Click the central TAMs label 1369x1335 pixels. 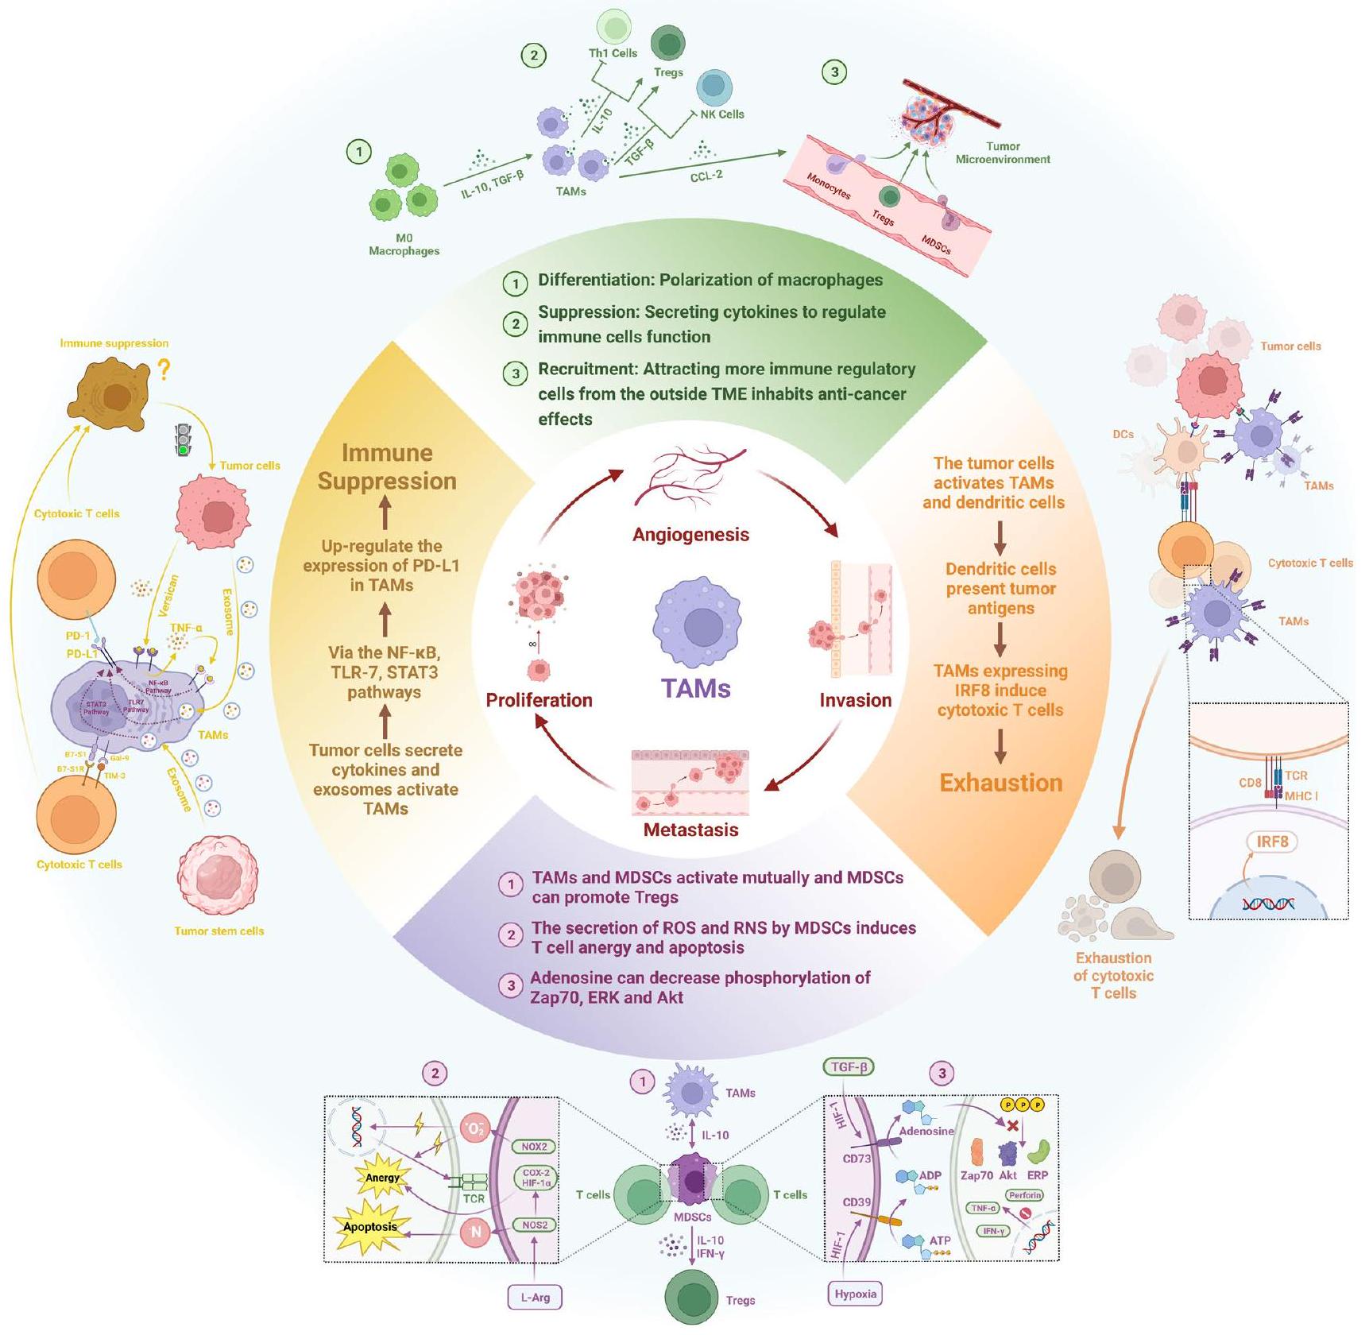[x=696, y=688]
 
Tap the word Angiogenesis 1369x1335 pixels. [x=690, y=535]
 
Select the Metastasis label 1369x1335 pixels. [x=690, y=830]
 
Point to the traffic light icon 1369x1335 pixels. [x=184, y=439]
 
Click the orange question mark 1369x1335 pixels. [x=164, y=370]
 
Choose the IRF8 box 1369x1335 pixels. [x=1272, y=841]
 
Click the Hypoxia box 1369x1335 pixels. [x=855, y=1294]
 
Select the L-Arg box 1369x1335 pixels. [x=535, y=1297]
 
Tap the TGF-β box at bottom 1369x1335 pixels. [x=849, y=1067]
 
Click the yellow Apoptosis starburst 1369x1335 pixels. [x=369, y=1226]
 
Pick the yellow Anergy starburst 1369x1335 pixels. [x=382, y=1178]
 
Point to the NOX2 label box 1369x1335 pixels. [x=534, y=1147]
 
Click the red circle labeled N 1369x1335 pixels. [x=476, y=1232]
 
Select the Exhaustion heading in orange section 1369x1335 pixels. [x=1000, y=783]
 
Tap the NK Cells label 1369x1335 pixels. [x=721, y=114]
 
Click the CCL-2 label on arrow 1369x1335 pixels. [x=706, y=175]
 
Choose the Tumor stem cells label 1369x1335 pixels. [x=218, y=931]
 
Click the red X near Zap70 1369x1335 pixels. [x=1012, y=1126]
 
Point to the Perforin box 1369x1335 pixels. [x=1024, y=1195]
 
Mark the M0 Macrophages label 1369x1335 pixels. [x=404, y=244]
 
